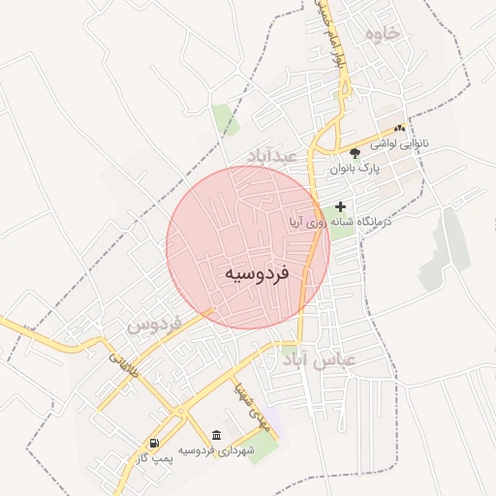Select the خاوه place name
point(383,34)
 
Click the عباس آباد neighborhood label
point(321,360)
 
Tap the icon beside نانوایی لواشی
point(399,128)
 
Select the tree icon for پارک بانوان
point(355,152)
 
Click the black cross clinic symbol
point(340,206)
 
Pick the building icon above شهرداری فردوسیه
point(216,435)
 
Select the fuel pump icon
point(155,444)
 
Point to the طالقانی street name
point(125,370)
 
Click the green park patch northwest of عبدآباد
point(227,119)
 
